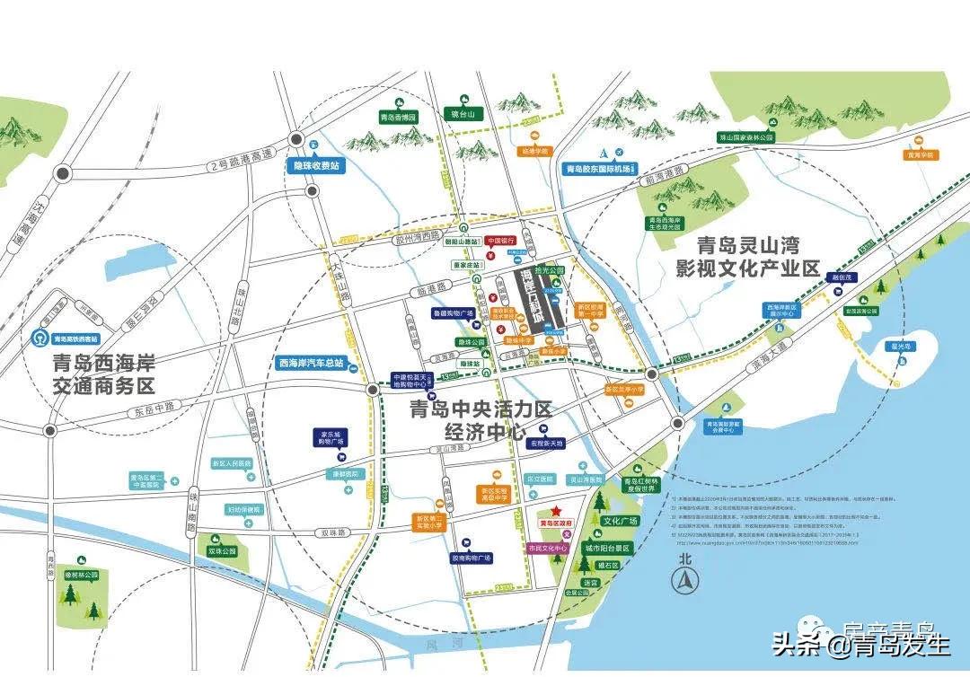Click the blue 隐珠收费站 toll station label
tap(314, 166)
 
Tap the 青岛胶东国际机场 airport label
tap(600, 168)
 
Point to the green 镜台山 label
tap(468, 114)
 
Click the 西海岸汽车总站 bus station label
tap(310, 363)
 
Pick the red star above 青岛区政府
tap(557, 511)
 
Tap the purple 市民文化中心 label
tap(547, 548)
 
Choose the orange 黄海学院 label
tap(920, 154)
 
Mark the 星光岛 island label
tap(902, 345)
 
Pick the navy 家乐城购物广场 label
tap(329, 438)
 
